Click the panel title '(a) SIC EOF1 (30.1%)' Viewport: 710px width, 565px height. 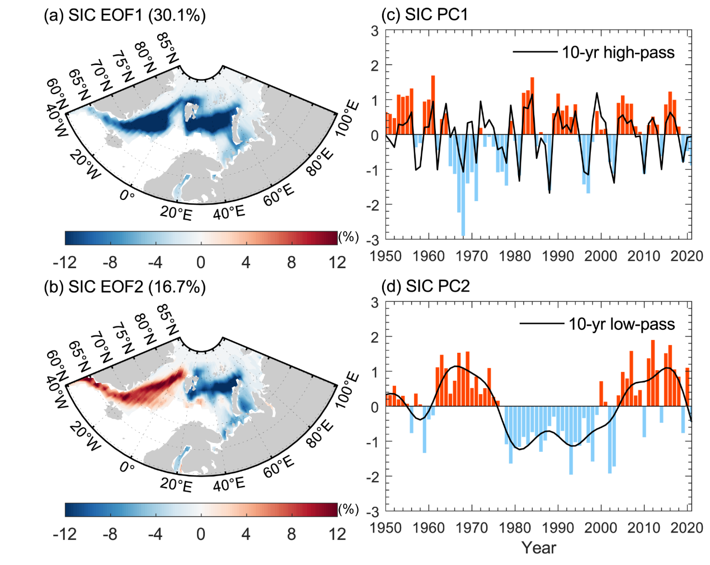(125, 15)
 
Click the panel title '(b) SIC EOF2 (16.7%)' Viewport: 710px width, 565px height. (125, 287)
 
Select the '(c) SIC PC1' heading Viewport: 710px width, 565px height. (424, 15)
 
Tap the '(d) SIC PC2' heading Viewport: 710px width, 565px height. (425, 287)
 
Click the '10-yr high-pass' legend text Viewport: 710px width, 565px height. (618, 53)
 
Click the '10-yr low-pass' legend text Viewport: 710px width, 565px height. (621, 324)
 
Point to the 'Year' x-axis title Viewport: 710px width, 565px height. (538, 548)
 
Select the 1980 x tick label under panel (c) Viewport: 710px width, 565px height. (515, 256)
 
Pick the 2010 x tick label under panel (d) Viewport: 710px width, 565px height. (644, 528)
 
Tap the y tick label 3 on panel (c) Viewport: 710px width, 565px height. (374, 31)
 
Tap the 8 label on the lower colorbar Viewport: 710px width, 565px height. (291, 534)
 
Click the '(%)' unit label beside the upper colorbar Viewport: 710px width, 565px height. (349, 237)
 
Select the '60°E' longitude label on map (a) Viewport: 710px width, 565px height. (279, 195)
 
